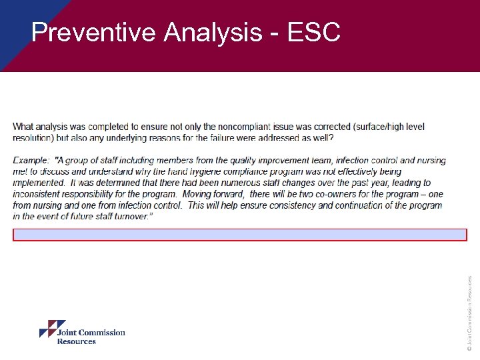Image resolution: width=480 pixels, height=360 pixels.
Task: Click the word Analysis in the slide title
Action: click(x=213, y=32)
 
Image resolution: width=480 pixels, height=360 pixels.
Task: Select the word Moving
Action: click(x=224, y=194)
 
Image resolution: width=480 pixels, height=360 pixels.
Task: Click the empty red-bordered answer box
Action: click(x=240, y=235)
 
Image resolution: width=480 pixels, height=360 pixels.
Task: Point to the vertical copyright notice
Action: click(x=469, y=313)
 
